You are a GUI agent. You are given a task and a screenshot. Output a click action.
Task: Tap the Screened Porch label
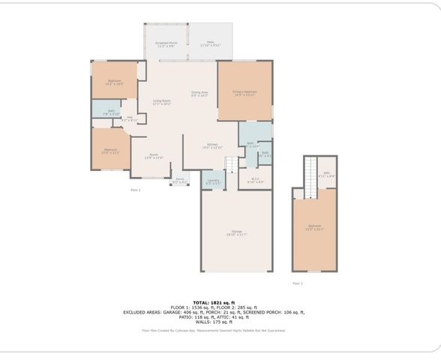(166, 44)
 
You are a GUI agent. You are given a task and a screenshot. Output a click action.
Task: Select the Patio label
(211, 44)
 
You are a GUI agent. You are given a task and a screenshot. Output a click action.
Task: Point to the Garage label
(236, 233)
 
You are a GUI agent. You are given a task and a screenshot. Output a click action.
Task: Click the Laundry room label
(214, 181)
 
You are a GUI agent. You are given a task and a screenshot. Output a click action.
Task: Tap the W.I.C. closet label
(255, 180)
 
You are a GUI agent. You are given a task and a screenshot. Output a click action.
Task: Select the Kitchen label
(212, 145)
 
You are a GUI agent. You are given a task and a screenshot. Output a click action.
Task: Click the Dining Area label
(199, 94)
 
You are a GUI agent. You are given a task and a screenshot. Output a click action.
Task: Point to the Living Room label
(162, 102)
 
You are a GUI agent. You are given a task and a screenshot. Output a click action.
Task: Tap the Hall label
(130, 118)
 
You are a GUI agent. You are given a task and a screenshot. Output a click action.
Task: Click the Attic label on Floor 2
(327, 174)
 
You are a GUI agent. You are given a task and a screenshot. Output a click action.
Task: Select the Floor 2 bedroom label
(314, 227)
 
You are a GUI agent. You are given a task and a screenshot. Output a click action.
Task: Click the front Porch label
(180, 180)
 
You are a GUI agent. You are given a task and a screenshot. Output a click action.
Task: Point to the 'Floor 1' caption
(135, 190)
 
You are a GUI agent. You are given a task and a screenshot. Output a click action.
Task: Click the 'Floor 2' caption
(298, 283)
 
